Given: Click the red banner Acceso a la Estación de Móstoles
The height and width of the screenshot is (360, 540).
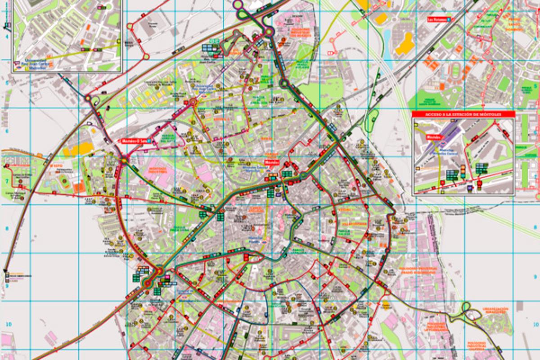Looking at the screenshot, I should [463, 114].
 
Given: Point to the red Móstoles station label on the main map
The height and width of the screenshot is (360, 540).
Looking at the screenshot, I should [272, 161].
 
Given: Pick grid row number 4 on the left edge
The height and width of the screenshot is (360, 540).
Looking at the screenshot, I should [6, 37].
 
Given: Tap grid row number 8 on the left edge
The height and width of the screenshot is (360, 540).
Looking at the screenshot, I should [6, 229].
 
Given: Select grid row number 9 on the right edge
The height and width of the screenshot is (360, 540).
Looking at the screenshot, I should [535, 276].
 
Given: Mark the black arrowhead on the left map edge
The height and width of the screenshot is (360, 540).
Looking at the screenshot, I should [6, 272].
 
